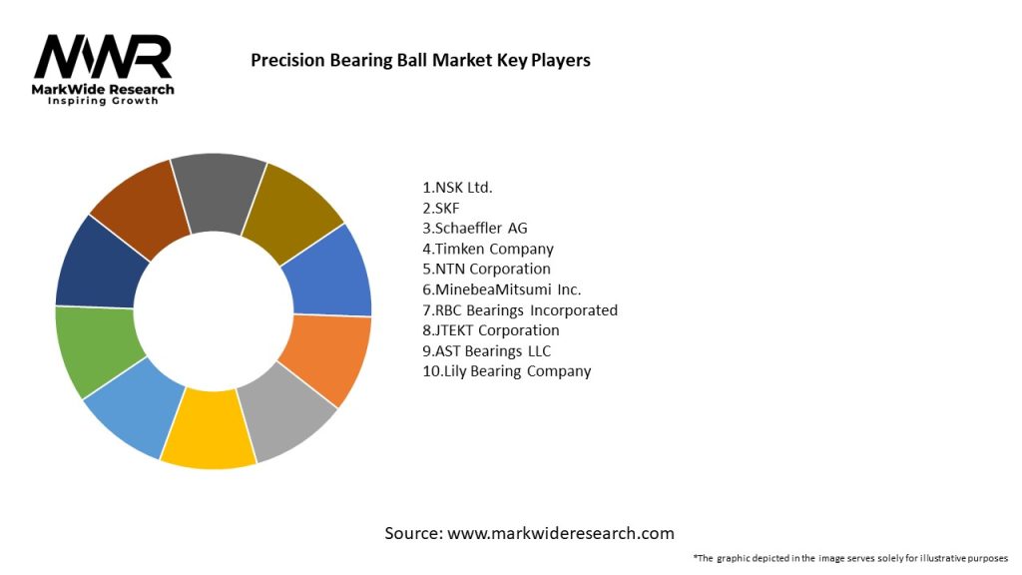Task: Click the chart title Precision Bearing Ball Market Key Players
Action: click(x=420, y=61)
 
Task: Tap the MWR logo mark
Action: click(x=103, y=58)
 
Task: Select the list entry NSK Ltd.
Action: click(x=458, y=187)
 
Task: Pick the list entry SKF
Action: click(x=442, y=208)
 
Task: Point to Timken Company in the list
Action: click(x=488, y=249)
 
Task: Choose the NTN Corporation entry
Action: click(x=487, y=269)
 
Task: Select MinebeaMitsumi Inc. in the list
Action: click(x=502, y=289)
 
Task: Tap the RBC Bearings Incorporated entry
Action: click(x=520, y=309)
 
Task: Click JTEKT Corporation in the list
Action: click(x=491, y=330)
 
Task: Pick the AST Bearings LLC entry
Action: click(x=487, y=350)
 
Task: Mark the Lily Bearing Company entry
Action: click(x=507, y=371)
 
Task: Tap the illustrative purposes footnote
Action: click(x=850, y=558)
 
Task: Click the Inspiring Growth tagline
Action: click(x=103, y=101)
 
